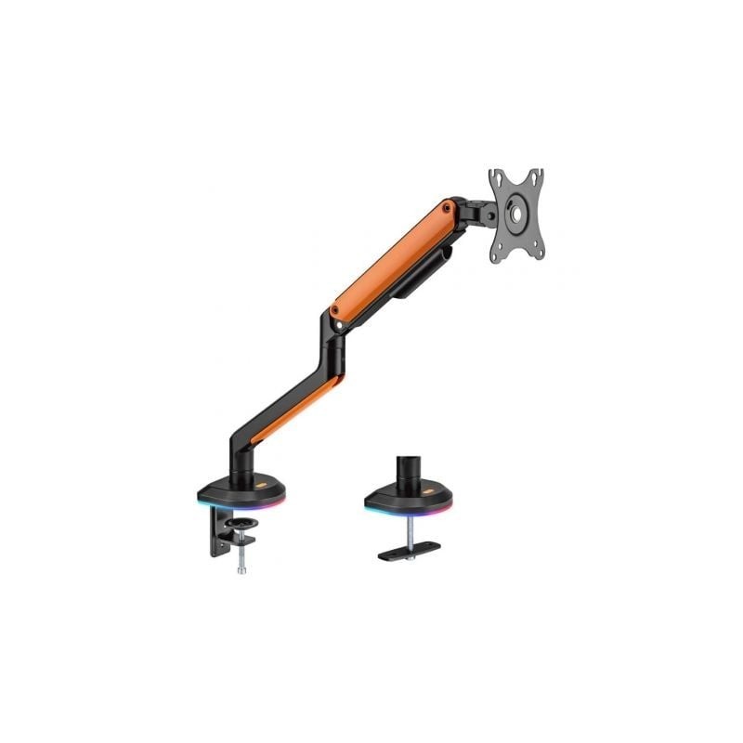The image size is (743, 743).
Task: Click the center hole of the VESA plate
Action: tap(515, 212)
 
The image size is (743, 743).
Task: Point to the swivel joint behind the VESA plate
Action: tap(478, 213)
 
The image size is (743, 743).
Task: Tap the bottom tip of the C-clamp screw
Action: tap(241, 569)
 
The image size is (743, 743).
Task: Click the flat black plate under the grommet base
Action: tap(409, 552)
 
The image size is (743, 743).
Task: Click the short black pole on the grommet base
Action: tap(407, 470)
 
